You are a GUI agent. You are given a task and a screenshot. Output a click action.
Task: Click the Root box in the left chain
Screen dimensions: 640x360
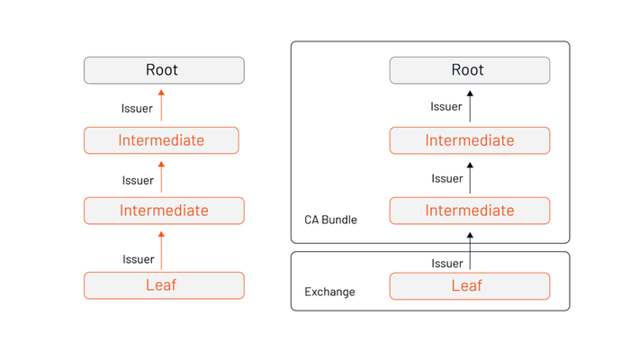click(x=164, y=70)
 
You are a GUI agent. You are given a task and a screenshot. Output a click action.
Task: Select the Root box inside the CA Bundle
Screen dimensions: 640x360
click(x=470, y=70)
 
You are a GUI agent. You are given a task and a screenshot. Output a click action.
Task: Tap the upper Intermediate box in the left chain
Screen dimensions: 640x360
click(x=161, y=140)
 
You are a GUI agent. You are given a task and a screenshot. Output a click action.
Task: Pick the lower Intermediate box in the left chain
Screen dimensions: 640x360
click(x=164, y=211)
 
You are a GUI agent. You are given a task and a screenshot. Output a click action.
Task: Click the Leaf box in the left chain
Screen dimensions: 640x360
click(x=164, y=285)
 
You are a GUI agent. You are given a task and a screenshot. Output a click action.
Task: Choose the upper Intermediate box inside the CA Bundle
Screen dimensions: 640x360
click(x=470, y=140)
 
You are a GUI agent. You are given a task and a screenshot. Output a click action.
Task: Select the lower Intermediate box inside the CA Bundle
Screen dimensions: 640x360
click(x=470, y=211)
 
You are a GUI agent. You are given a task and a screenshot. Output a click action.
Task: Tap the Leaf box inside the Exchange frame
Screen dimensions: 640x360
click(x=470, y=286)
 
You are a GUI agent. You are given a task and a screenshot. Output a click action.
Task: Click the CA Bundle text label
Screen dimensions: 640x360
click(x=330, y=220)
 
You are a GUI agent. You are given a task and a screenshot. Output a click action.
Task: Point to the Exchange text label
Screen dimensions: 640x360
click(x=329, y=292)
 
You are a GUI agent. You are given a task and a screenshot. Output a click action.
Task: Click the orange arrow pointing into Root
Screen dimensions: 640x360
click(x=161, y=105)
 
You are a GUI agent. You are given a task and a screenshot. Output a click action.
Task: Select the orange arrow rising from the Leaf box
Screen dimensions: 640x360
click(x=161, y=250)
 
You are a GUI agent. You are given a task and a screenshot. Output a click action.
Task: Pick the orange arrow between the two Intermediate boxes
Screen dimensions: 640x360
click(x=161, y=176)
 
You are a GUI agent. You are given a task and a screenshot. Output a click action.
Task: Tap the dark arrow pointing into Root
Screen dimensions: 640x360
click(x=470, y=106)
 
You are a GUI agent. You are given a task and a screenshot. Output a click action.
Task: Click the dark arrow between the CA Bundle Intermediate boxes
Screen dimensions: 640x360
click(x=470, y=178)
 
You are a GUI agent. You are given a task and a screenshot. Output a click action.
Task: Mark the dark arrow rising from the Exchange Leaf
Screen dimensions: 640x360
click(x=470, y=251)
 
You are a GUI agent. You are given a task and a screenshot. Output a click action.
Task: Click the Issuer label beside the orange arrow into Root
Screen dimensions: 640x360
click(x=137, y=109)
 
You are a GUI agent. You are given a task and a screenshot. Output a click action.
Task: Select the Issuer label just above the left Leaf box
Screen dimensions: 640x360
click(x=139, y=259)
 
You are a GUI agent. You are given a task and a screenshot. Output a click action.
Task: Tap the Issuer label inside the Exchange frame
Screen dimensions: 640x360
click(x=447, y=264)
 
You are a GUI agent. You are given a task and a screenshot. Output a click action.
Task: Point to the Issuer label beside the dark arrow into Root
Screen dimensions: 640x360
click(x=446, y=107)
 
